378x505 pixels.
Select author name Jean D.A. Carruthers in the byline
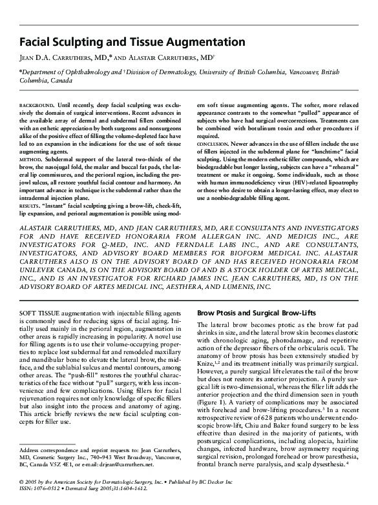(61, 58)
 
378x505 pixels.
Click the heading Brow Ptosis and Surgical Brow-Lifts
(256, 313)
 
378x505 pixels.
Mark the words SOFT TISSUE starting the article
(39, 313)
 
